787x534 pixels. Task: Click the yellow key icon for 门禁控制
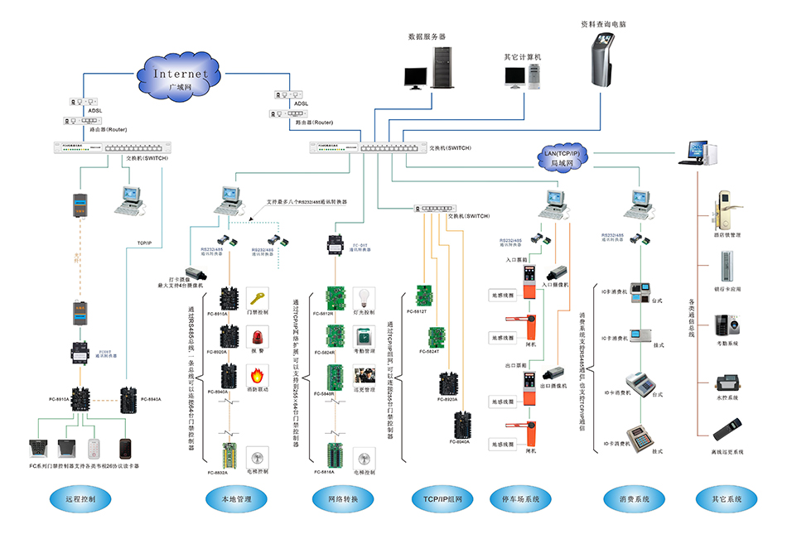pos(258,296)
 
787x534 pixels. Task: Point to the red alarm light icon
pos(258,334)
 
